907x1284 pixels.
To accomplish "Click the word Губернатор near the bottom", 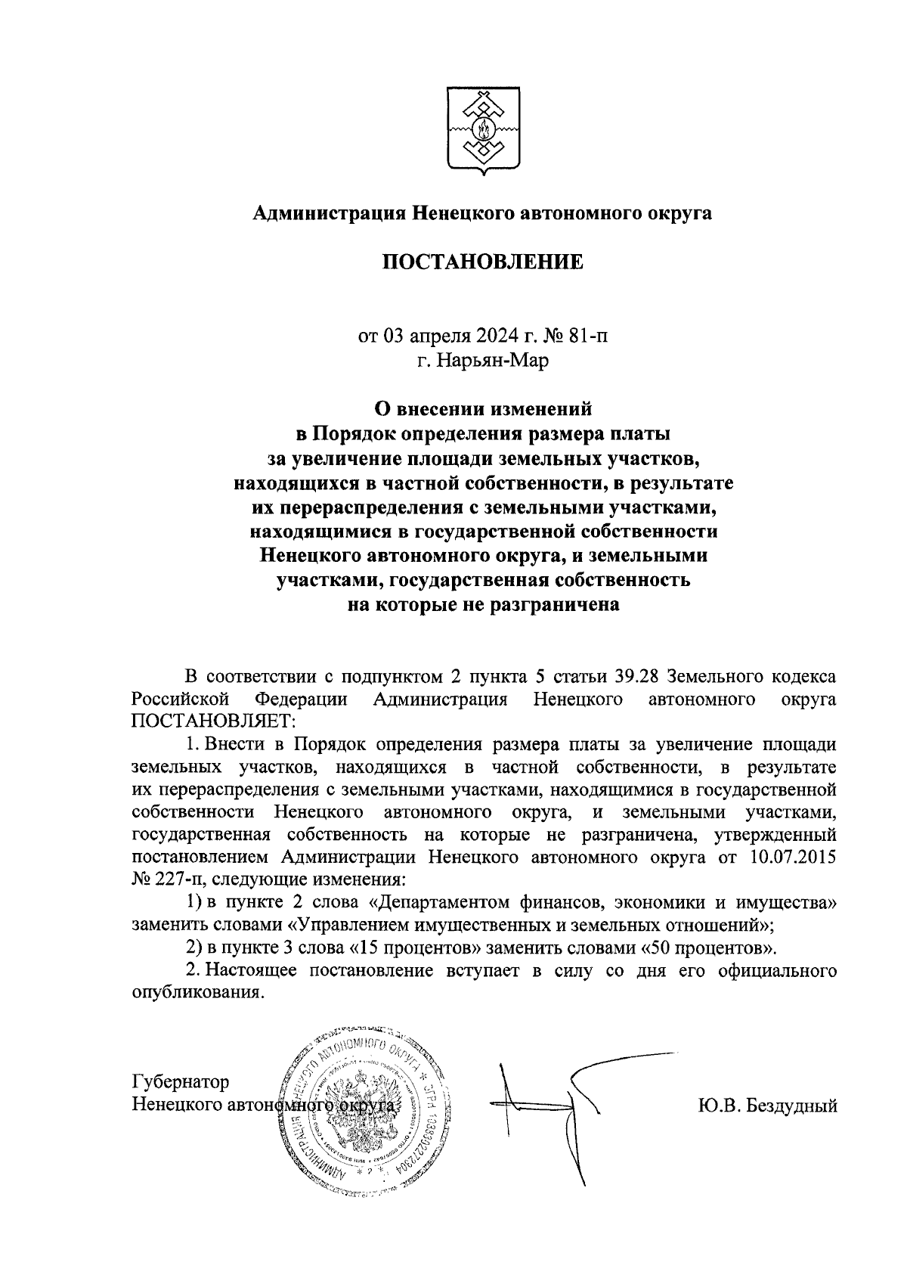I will tap(181, 1082).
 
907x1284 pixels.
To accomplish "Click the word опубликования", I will tap(198, 992).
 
